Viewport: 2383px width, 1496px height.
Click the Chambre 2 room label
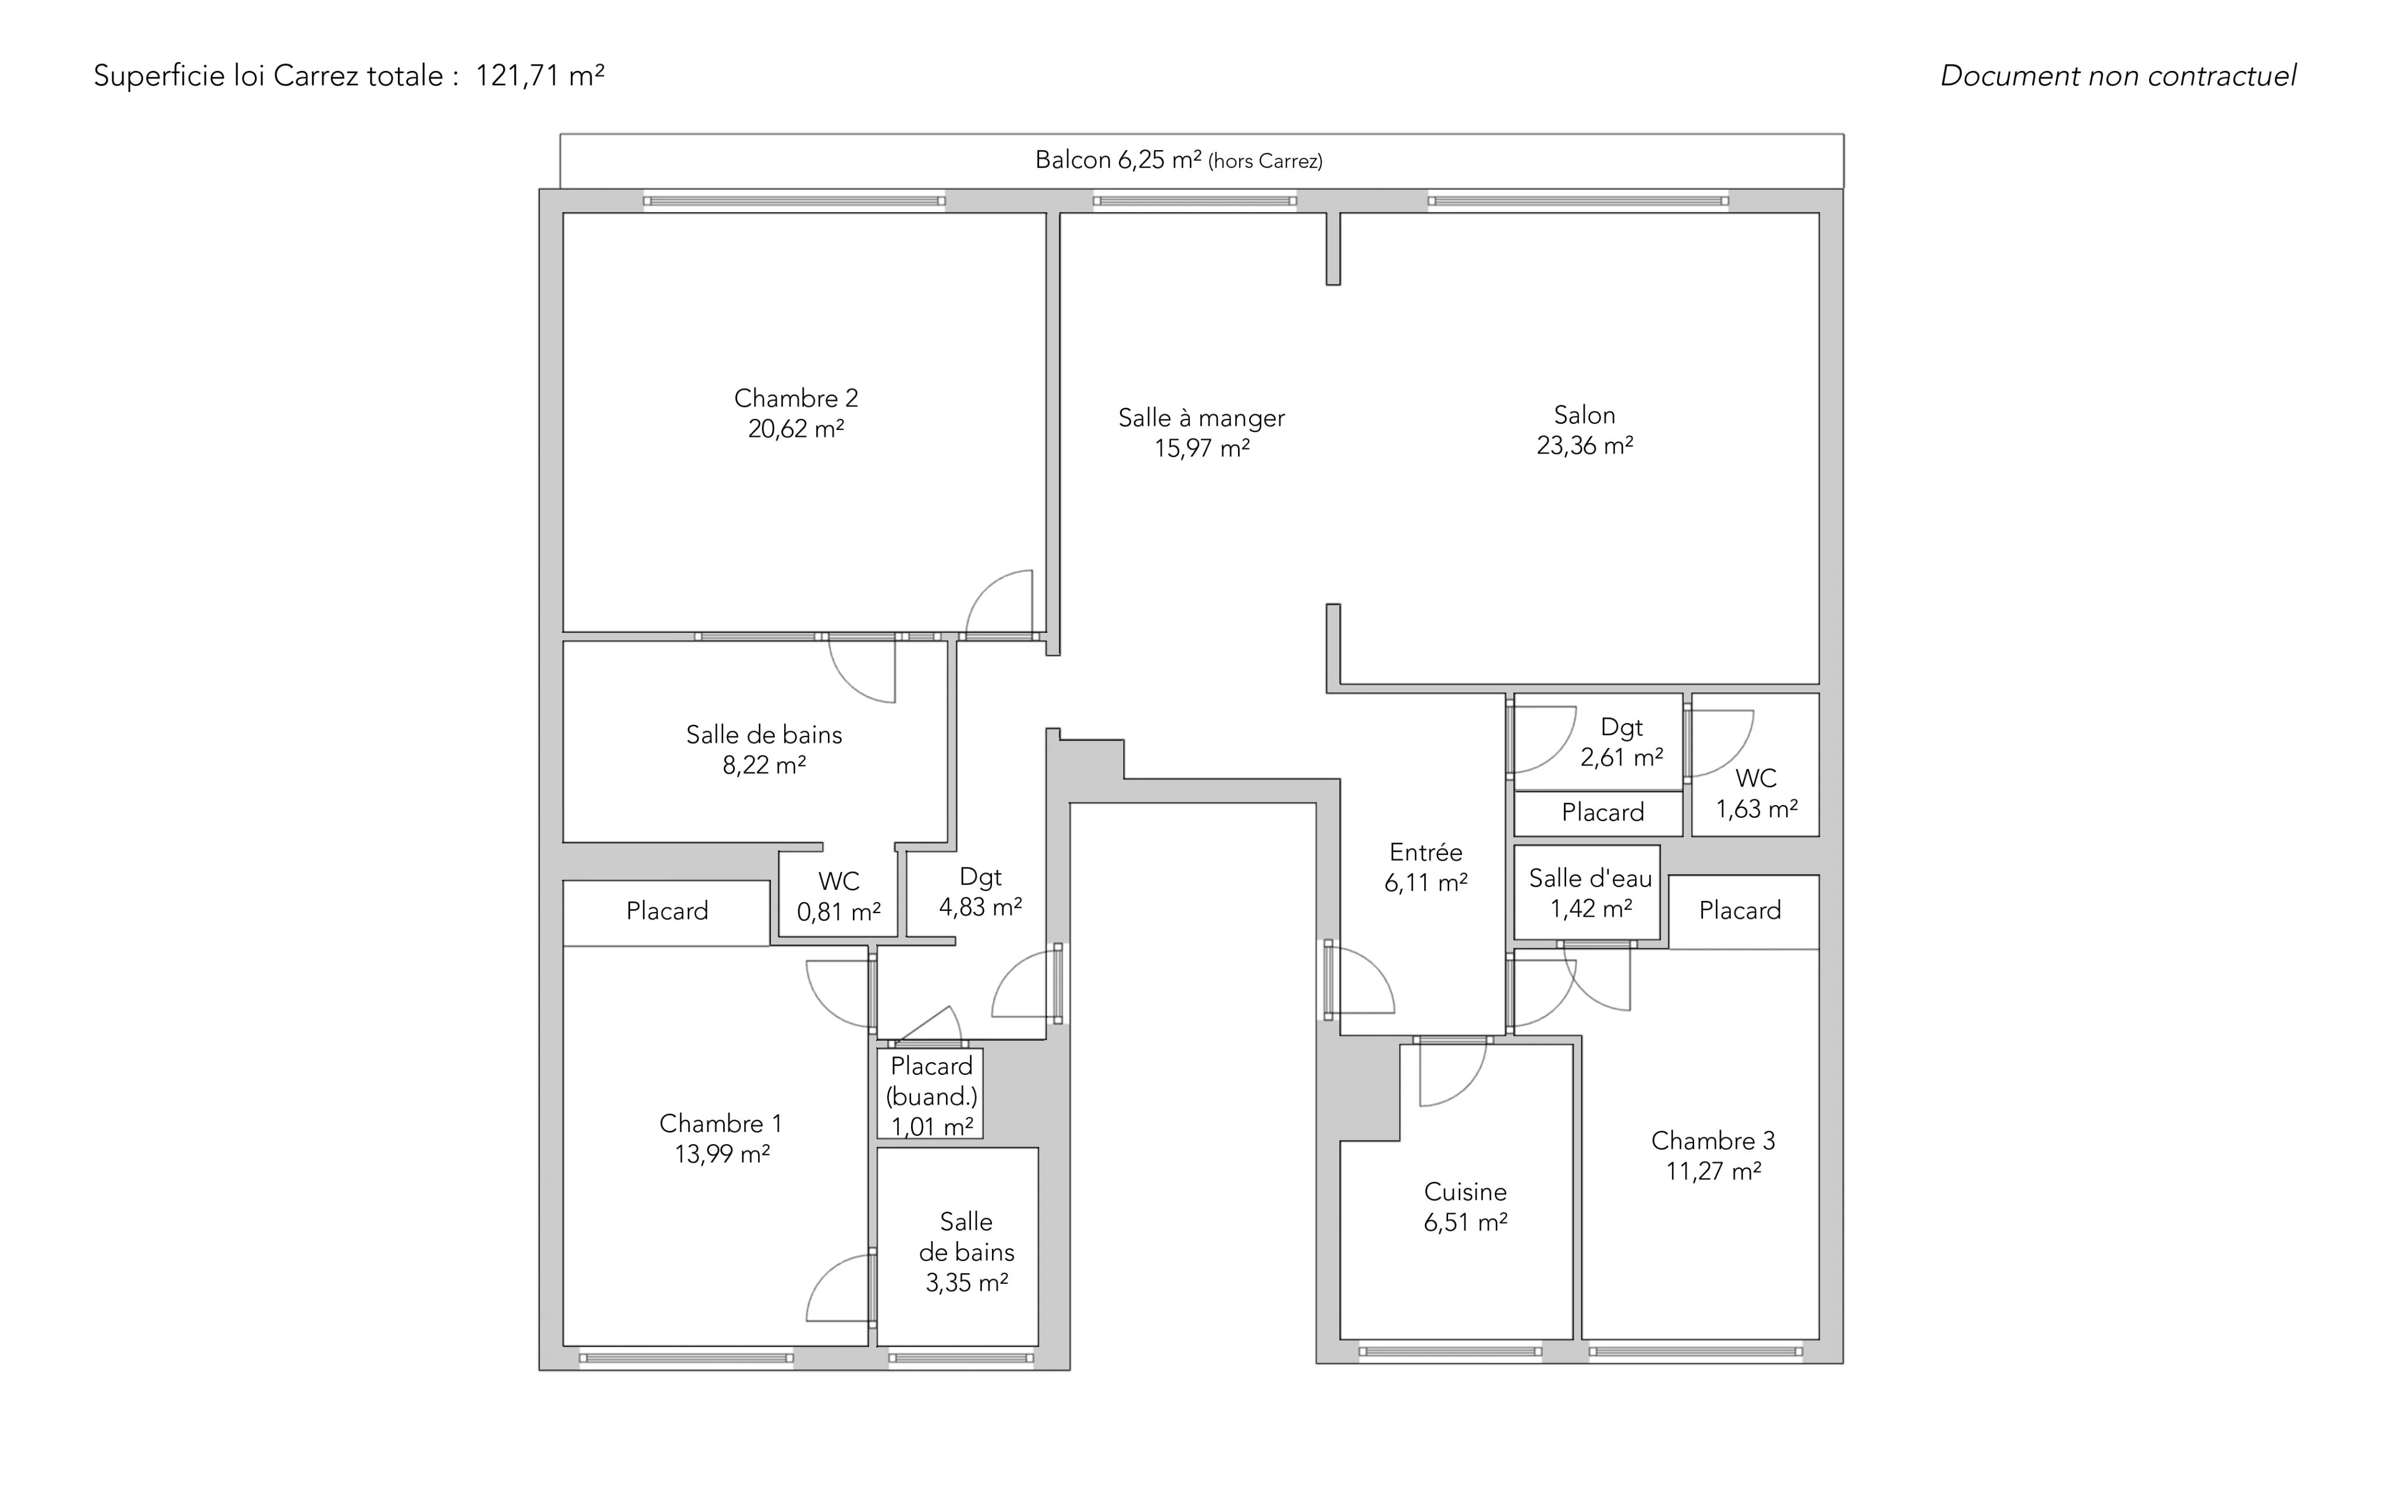coord(796,398)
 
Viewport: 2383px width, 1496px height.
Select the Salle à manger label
coord(1201,418)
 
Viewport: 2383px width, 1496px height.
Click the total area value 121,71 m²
coord(539,75)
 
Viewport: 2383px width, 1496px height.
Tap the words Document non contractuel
coord(2118,75)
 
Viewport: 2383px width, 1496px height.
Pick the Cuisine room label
coord(1464,1191)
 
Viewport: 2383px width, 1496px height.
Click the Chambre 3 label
coord(1713,1140)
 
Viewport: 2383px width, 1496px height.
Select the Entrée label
coord(1425,852)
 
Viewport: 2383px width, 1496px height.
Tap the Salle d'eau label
coord(1591,878)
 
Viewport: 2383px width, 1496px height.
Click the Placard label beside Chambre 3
coord(1740,910)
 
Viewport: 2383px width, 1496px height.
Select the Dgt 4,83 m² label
coord(980,892)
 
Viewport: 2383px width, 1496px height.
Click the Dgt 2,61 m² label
coord(1621,742)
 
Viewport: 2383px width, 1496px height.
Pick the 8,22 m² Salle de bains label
coord(764,749)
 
